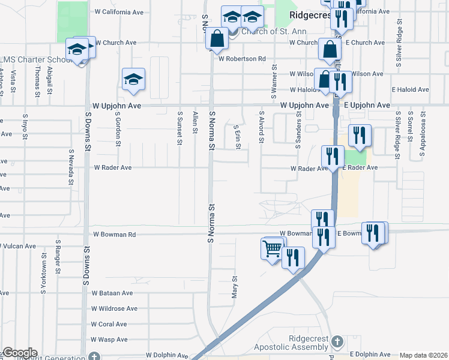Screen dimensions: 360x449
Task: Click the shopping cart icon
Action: point(273,248)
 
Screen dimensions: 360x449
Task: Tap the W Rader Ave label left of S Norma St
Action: point(112,168)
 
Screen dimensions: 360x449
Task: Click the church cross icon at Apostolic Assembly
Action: point(337,342)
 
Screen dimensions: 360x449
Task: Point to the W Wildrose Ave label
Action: point(114,308)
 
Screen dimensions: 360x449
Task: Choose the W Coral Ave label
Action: point(109,324)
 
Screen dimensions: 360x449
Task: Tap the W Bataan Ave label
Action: point(112,293)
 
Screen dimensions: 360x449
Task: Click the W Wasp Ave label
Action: point(109,340)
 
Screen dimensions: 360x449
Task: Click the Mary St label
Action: point(235,287)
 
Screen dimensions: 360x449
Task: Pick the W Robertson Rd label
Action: point(242,59)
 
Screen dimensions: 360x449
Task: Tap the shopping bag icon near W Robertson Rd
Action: point(216,39)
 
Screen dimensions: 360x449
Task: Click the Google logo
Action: point(19,353)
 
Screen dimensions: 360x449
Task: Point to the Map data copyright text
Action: point(424,355)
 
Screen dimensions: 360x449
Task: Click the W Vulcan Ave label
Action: point(21,246)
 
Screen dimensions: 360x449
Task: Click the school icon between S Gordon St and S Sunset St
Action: point(133,80)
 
